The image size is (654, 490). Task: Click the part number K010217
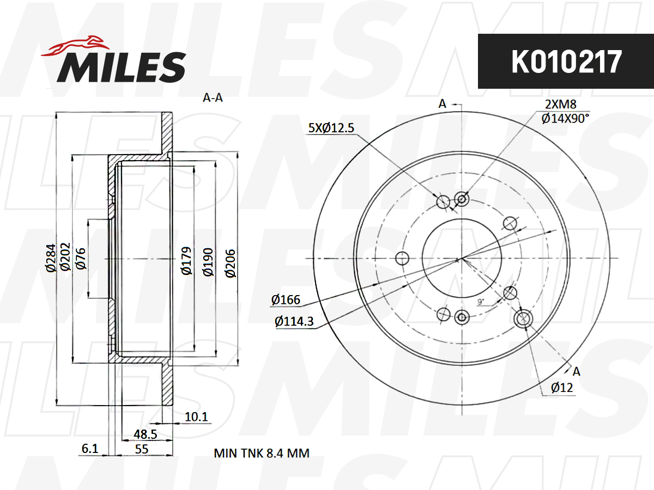coord(566,62)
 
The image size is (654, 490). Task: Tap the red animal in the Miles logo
coord(76,46)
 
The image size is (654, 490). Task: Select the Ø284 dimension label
coord(51,258)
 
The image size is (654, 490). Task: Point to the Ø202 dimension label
coord(65,256)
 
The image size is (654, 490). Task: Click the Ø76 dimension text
coord(81,259)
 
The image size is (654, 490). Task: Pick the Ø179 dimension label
coord(186,261)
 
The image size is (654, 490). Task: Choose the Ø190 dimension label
coord(208,262)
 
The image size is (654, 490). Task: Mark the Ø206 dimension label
coord(231,264)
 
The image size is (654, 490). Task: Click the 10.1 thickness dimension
coord(196,417)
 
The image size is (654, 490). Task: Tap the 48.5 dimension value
coord(146,434)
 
